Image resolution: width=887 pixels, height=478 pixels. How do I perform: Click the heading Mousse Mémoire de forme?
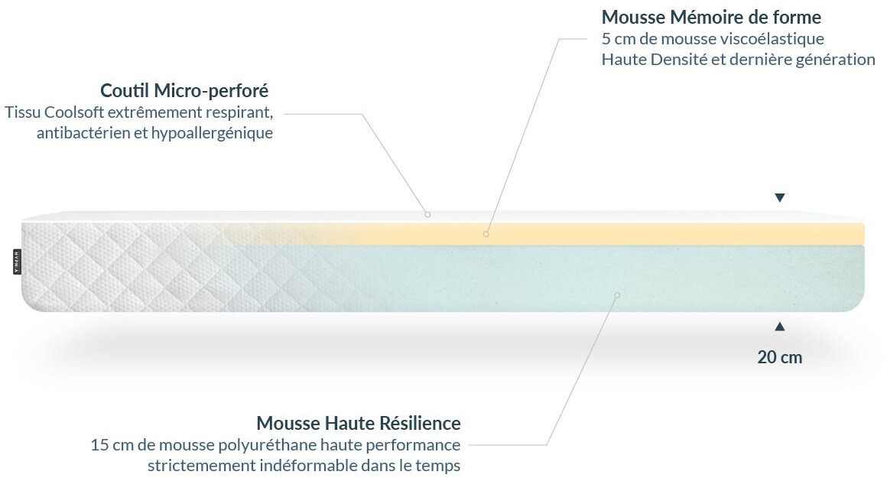click(x=711, y=18)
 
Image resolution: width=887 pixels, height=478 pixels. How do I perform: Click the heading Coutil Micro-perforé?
click(x=184, y=90)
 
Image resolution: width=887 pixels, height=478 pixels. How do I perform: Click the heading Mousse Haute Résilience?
click(x=359, y=423)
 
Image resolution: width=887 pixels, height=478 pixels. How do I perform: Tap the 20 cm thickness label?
click(x=779, y=357)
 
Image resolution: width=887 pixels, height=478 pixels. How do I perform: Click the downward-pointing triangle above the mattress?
click(x=779, y=197)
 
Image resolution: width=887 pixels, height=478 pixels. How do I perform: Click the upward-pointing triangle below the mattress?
click(x=779, y=327)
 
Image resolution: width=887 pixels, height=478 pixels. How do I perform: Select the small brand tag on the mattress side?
click(x=16, y=262)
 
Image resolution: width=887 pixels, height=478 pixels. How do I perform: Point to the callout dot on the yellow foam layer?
click(x=486, y=233)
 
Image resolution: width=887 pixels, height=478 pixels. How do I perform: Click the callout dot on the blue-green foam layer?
click(x=617, y=295)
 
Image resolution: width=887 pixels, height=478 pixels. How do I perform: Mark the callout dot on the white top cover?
click(x=427, y=214)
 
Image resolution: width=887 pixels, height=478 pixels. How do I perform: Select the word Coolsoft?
click(x=74, y=112)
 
